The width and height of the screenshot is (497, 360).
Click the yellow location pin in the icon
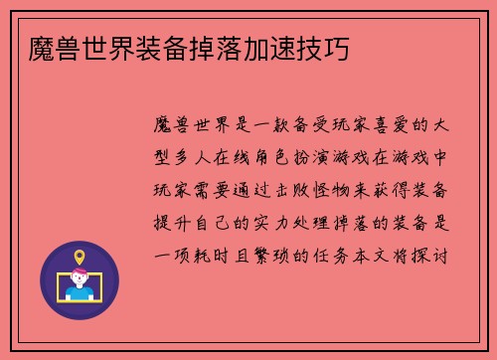(x=79, y=258)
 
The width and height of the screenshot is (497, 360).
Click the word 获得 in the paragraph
(x=405, y=190)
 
